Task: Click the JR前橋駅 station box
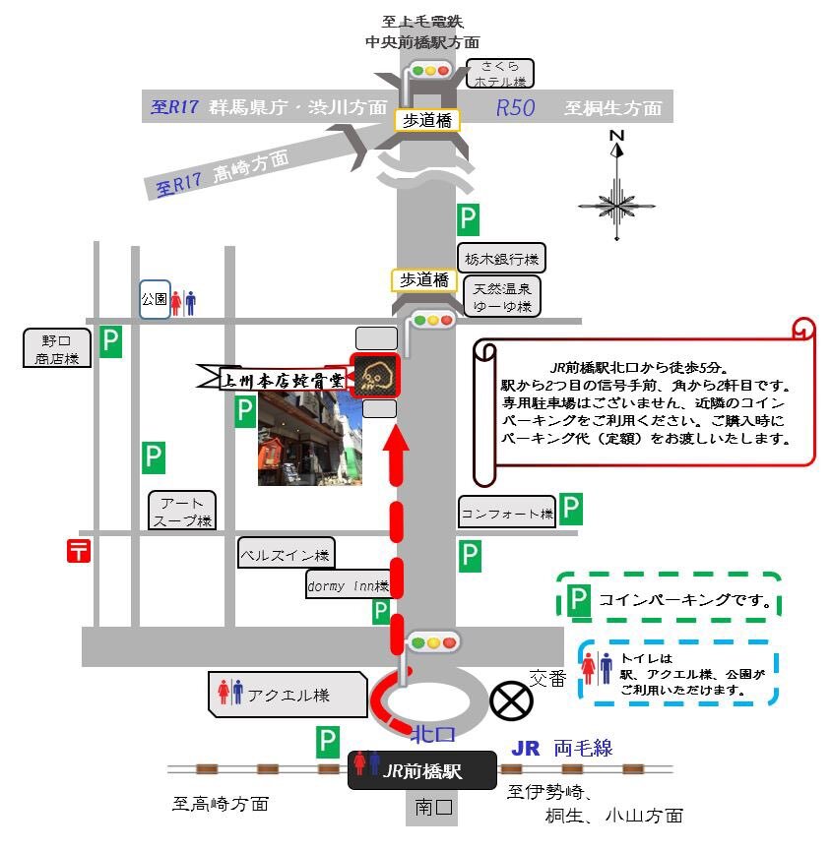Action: pyautogui.click(x=421, y=770)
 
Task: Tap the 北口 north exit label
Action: pyautogui.click(x=433, y=735)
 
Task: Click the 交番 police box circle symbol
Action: pyautogui.click(x=510, y=700)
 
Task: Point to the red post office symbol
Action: pyautogui.click(x=79, y=551)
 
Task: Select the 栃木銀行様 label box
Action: pyautogui.click(x=502, y=259)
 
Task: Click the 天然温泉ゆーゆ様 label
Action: pyautogui.click(x=502, y=298)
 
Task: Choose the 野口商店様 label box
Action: pyautogui.click(x=57, y=348)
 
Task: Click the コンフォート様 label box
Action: pyautogui.click(x=507, y=513)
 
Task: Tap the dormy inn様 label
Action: pyautogui.click(x=349, y=585)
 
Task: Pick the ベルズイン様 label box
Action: pyautogui.click(x=286, y=553)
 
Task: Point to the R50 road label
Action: pyautogui.click(x=516, y=108)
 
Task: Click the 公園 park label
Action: pyautogui.click(x=154, y=300)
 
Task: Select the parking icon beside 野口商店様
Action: pyautogui.click(x=111, y=342)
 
